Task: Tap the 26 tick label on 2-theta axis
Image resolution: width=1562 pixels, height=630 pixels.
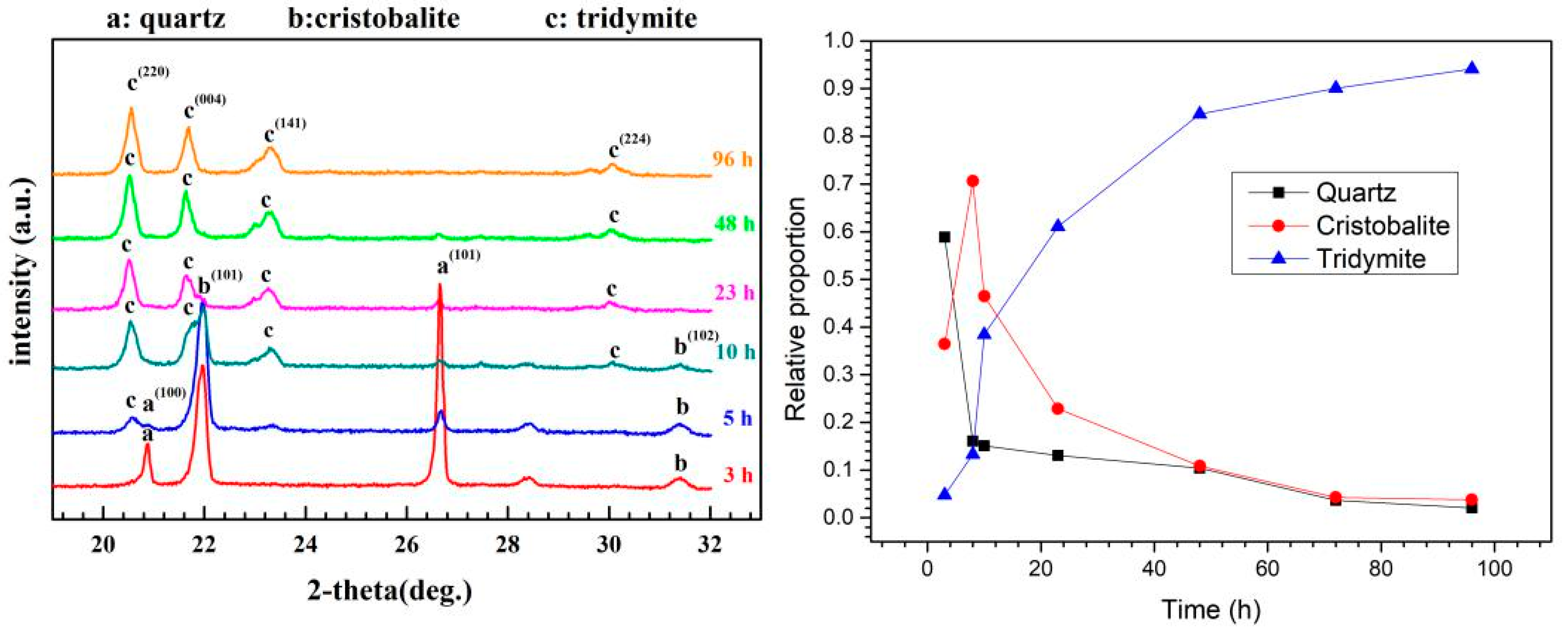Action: click(x=406, y=544)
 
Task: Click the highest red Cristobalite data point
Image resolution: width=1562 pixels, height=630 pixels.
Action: click(x=973, y=181)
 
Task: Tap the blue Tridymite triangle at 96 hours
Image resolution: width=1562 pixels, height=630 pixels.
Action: click(x=1471, y=68)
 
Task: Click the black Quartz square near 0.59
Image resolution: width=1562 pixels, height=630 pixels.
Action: click(x=944, y=237)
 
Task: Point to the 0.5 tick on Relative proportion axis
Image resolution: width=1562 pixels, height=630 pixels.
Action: click(x=840, y=280)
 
